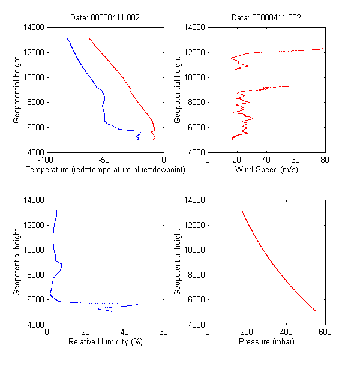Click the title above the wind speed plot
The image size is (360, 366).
pyautogui.click(x=266, y=18)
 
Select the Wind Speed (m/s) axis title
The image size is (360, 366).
pyautogui.click(x=266, y=170)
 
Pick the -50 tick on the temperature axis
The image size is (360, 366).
pyautogui.click(x=105, y=160)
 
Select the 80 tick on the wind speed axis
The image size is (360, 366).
pyautogui.click(x=325, y=160)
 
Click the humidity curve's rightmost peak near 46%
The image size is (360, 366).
pyautogui.click(x=137, y=304)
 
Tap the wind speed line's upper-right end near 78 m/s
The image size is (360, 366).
pyautogui.click(x=322, y=49)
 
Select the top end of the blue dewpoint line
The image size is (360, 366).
pyautogui.click(x=67, y=37)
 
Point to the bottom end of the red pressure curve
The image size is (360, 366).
pyautogui.click(x=316, y=311)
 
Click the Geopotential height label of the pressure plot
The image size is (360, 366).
pyautogui.click(x=178, y=262)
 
